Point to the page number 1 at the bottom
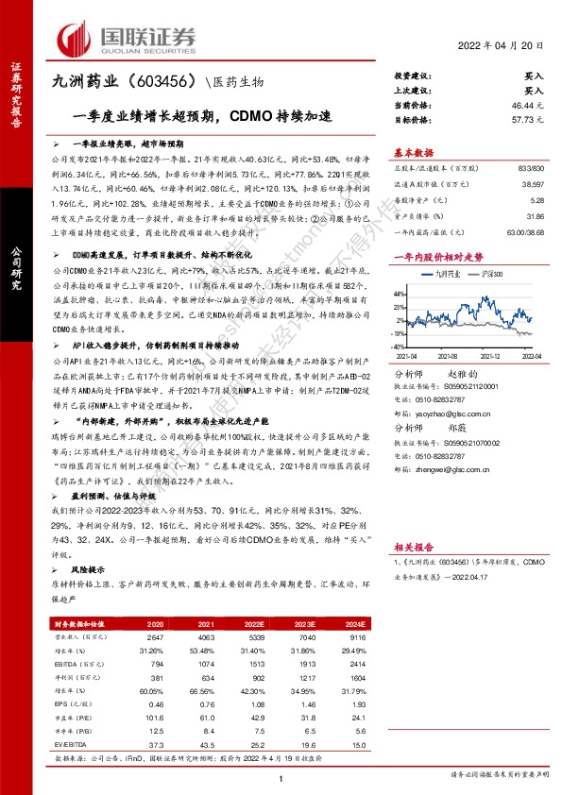pos(281,777)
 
